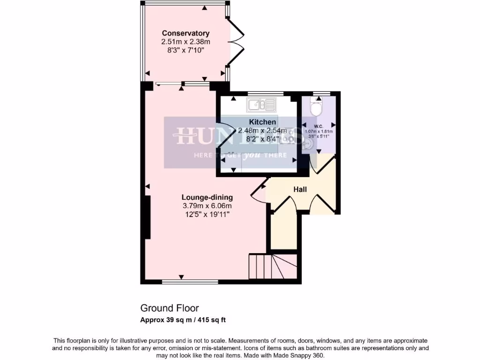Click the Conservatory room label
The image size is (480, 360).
point(186,33)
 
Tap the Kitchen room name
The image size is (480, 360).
point(262,122)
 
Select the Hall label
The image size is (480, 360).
point(300,189)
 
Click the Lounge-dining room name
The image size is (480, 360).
point(207,197)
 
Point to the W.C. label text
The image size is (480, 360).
point(318,126)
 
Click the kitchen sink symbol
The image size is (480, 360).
point(262,105)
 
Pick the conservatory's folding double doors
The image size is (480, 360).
point(236,43)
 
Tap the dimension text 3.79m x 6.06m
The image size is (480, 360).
point(207,206)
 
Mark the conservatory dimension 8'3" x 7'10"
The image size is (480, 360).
point(186,49)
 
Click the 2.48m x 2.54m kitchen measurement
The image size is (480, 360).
point(259,131)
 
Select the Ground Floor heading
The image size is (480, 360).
point(169,308)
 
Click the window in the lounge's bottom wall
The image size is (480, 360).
point(190,282)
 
